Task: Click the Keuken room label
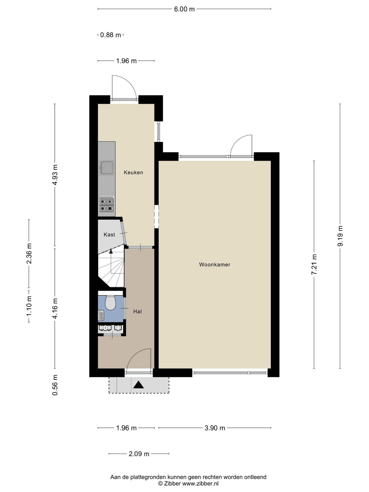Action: coord(133,172)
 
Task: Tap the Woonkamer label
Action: coord(215,264)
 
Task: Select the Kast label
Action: coord(109,234)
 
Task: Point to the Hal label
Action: coord(138,311)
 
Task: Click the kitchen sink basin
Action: coord(107,168)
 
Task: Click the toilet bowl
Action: coord(111,303)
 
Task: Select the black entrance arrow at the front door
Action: coord(139,385)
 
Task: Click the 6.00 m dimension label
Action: coord(184,9)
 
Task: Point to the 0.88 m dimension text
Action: coord(110,35)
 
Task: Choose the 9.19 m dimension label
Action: coord(340,236)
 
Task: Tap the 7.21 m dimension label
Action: coord(314,264)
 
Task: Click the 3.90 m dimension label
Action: coord(215,428)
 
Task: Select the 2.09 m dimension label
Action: coord(139,454)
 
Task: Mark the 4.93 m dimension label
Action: coord(55,175)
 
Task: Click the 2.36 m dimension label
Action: coord(29,253)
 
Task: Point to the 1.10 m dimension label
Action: coord(29,306)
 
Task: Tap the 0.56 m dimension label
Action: coord(55,385)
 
